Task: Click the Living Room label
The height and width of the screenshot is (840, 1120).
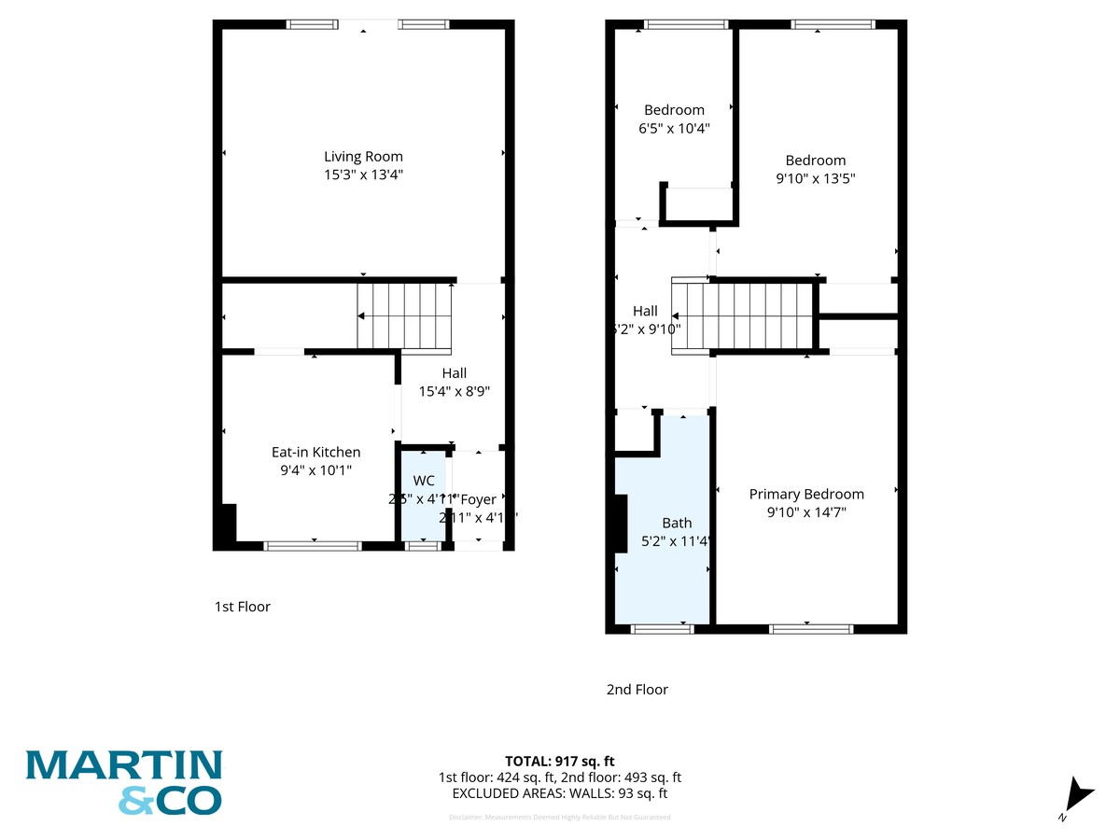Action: (363, 157)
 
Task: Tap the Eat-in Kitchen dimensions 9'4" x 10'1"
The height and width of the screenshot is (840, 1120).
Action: (316, 471)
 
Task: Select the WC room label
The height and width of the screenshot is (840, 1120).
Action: (424, 481)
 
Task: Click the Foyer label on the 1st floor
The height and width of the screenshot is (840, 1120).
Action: (480, 499)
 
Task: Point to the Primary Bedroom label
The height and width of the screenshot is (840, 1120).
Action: (806, 494)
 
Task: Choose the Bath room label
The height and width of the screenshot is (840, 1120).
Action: (677, 523)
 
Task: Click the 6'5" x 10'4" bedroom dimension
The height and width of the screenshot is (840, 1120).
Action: (674, 129)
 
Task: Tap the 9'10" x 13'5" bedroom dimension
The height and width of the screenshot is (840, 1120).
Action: (816, 178)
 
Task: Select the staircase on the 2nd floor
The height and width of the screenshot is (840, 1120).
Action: (743, 315)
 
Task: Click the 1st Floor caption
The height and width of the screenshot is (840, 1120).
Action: (242, 607)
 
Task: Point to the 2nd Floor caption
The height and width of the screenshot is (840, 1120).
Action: (637, 690)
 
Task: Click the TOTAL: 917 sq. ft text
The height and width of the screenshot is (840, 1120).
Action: (560, 761)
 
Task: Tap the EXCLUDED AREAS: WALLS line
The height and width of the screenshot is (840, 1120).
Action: (560, 793)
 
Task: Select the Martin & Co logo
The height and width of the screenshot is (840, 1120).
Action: (124, 782)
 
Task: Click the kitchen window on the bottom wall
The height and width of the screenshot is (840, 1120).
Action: (313, 546)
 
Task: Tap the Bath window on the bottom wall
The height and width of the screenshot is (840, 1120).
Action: (663, 629)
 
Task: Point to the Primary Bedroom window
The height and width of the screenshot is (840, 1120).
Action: (811, 629)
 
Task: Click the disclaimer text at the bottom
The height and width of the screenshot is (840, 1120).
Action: (560, 817)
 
